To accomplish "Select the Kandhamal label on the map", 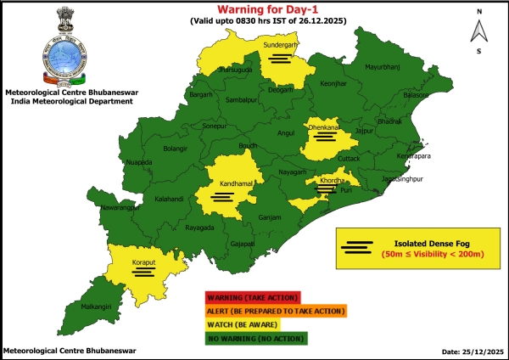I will (222, 184).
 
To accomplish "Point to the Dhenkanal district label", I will (324, 127).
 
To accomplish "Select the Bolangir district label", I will (175, 149).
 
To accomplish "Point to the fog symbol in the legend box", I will (357, 247).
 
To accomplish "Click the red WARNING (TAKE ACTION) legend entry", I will (251, 297).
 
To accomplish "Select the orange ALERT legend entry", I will (275, 312).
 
